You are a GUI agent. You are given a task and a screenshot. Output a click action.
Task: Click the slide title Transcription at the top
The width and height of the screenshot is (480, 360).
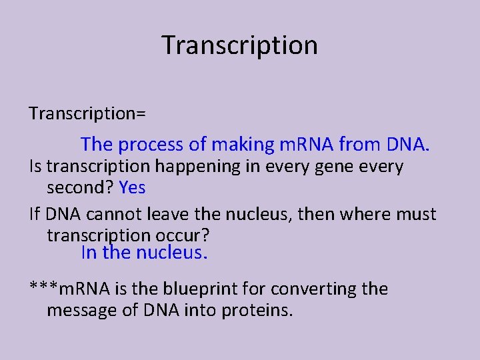point(239,45)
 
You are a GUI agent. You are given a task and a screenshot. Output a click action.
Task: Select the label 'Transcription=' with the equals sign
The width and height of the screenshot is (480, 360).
point(87,113)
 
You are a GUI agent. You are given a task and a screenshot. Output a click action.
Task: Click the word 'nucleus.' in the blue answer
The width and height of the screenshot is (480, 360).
point(172,253)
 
